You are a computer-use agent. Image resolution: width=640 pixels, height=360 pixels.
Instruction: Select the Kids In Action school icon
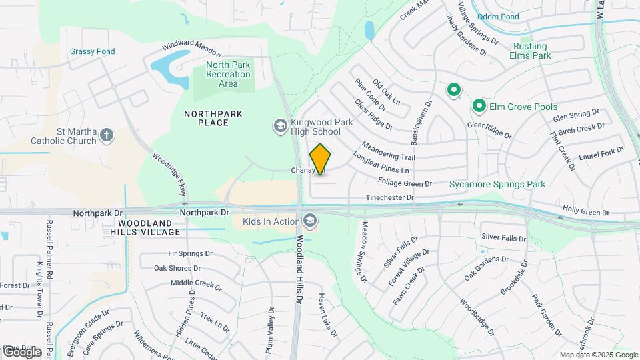(309, 221)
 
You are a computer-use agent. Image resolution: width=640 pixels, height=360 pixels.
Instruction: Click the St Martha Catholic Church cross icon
(106, 136)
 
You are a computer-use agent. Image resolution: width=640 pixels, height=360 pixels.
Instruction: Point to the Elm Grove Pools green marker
(479, 106)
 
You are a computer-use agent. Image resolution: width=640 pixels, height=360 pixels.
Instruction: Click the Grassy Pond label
(93, 51)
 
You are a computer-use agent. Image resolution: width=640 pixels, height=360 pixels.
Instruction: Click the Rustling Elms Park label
(531, 51)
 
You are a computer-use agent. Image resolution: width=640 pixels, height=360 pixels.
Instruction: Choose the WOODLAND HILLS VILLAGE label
(148, 227)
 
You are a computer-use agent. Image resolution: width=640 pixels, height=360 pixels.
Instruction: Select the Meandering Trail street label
(389, 151)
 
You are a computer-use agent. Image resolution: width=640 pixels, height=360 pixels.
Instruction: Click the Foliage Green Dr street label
(405, 182)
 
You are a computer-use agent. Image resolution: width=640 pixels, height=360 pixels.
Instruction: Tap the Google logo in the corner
(21, 351)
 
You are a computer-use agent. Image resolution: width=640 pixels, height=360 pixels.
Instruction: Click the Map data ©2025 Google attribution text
(598, 355)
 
